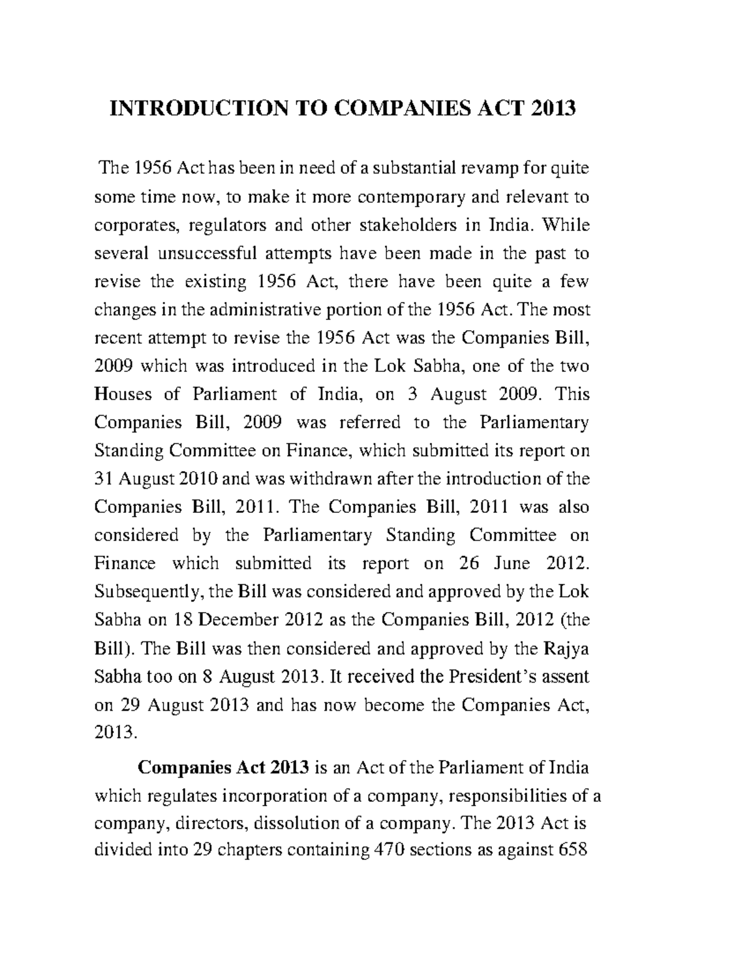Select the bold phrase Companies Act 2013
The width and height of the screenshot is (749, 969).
tap(223, 767)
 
